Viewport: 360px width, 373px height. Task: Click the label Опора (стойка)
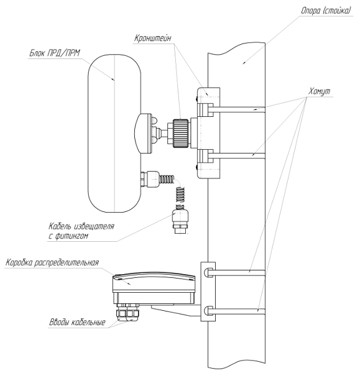coord(326,11)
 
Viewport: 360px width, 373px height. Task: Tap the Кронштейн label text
coord(152,38)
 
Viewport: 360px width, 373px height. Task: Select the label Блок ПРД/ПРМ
coord(55,53)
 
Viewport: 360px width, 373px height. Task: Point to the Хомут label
coord(319,91)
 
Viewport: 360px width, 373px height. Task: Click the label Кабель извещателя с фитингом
coord(81,231)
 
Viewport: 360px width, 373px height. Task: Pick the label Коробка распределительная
coord(52,262)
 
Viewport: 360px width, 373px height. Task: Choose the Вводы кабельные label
coord(77,322)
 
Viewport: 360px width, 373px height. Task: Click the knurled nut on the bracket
coord(180,133)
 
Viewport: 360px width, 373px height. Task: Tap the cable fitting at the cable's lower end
coord(180,221)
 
